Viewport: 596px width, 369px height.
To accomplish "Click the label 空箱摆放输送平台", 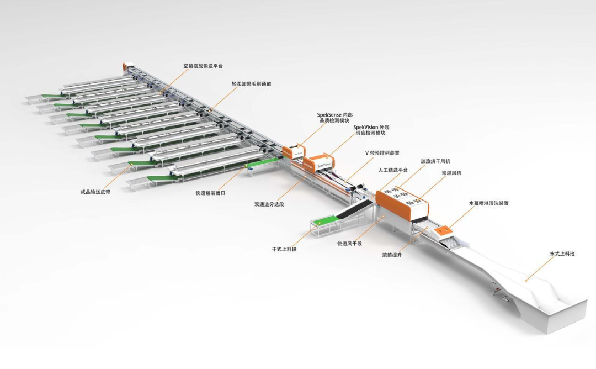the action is (203, 66).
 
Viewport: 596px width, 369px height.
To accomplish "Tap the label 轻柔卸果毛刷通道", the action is (251, 84).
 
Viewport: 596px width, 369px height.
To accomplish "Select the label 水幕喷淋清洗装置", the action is (488, 203).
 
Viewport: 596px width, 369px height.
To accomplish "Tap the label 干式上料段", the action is (284, 249).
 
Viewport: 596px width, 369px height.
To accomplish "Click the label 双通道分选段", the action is (270, 204).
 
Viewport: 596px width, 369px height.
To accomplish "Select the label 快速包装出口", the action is (210, 193).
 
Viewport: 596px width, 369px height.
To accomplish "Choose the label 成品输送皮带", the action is (95, 192).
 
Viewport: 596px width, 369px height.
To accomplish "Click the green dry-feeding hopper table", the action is (324, 222).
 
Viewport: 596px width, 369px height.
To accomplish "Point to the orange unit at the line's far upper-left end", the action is (126, 67).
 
